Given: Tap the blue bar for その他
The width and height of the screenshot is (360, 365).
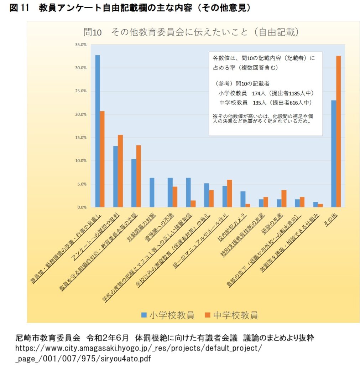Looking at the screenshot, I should (x=333, y=153).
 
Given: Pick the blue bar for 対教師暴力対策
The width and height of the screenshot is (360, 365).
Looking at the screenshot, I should (x=152, y=192).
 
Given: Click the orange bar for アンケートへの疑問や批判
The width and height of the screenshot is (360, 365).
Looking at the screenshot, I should (x=120, y=171).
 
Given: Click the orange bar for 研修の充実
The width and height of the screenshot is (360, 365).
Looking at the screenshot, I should (x=284, y=198).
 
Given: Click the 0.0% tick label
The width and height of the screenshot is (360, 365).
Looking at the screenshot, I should (x=82, y=207).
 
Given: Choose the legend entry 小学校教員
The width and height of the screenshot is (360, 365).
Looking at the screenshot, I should (x=168, y=315).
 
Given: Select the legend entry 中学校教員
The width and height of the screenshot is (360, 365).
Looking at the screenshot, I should (x=231, y=315).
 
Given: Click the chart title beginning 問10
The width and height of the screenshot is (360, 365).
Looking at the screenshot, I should (x=191, y=32).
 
